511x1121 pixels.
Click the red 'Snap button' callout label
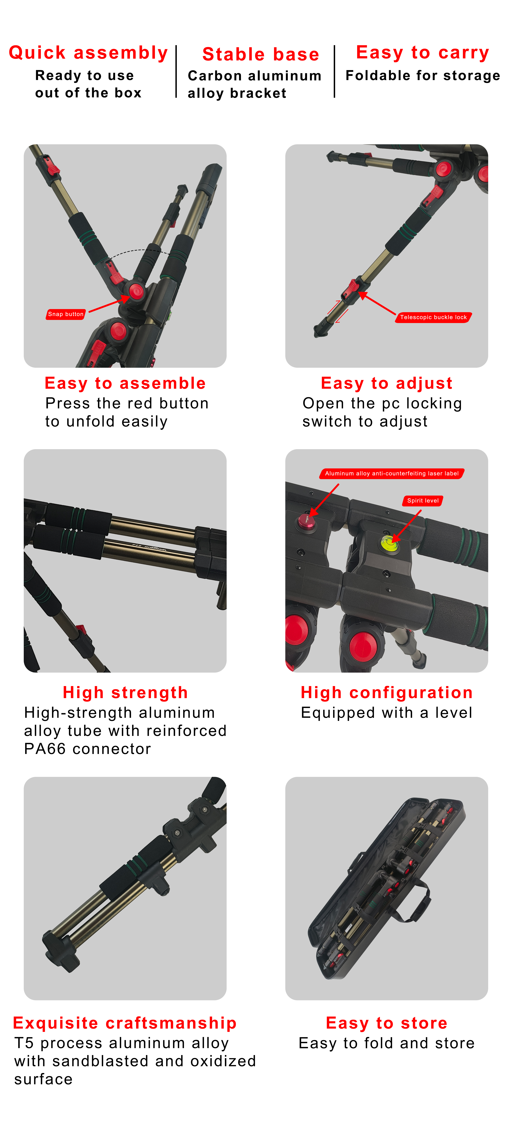[66, 314]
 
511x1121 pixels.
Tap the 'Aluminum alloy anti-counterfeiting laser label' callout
[392, 474]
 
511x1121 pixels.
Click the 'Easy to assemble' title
[125, 383]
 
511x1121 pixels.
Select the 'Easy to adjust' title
[387, 383]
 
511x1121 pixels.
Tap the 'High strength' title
[125, 692]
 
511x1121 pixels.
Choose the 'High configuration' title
[387, 692]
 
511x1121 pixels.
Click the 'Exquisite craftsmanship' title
[125, 1023]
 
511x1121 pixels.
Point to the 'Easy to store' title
[387, 1023]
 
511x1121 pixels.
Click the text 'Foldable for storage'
[423, 76]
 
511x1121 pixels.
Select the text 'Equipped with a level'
[387, 713]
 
